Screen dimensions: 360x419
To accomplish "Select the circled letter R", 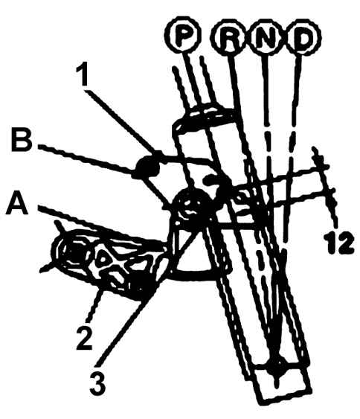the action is pyautogui.click(x=229, y=37).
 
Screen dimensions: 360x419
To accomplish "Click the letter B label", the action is pyautogui.click(x=21, y=140).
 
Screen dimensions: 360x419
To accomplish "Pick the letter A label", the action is pyautogui.click(x=18, y=204).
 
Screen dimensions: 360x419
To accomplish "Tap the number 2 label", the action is pyautogui.click(x=85, y=339).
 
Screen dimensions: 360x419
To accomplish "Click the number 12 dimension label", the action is pyautogui.click(x=338, y=243).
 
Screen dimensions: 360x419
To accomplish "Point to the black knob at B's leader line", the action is pyautogui.click(x=148, y=167).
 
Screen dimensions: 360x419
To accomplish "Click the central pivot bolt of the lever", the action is pyautogui.click(x=191, y=207).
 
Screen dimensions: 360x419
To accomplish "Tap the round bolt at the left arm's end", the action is pyautogui.click(x=73, y=252).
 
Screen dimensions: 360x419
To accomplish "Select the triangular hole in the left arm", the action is pyautogui.click(x=102, y=258).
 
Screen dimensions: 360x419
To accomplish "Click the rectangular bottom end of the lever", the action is pyautogui.click(x=283, y=383).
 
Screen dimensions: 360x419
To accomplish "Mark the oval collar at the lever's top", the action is pyautogui.click(x=205, y=118).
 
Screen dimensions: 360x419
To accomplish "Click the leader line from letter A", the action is pyautogui.click(x=101, y=226).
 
